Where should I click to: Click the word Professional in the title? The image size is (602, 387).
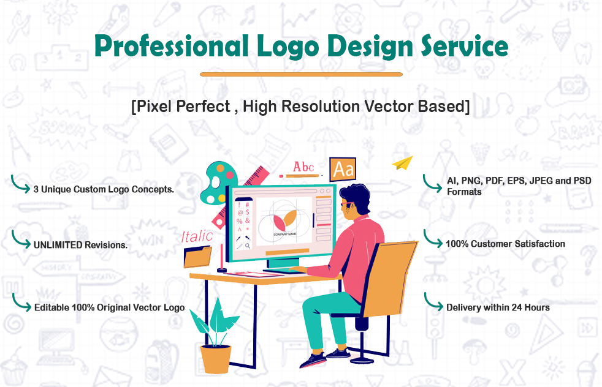tap(172, 46)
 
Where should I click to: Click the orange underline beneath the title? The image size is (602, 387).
tap(301, 75)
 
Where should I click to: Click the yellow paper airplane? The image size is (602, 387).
tap(402, 163)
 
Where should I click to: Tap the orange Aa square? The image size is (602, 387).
tap(343, 169)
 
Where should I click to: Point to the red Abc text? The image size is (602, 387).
tap(303, 167)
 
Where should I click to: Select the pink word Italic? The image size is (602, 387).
tap(197, 236)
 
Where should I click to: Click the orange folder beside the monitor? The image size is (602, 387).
tap(198, 257)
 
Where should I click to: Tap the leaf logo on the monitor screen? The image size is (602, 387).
tap(285, 220)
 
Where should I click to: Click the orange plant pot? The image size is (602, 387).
tap(216, 359)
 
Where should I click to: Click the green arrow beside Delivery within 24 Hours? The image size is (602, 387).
tap(433, 302)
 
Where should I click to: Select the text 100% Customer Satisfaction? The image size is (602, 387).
tap(505, 244)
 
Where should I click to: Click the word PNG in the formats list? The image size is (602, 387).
tap(471, 181)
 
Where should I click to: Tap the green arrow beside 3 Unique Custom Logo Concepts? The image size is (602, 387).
tap(20, 184)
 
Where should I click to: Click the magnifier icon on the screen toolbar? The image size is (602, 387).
tap(248, 246)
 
